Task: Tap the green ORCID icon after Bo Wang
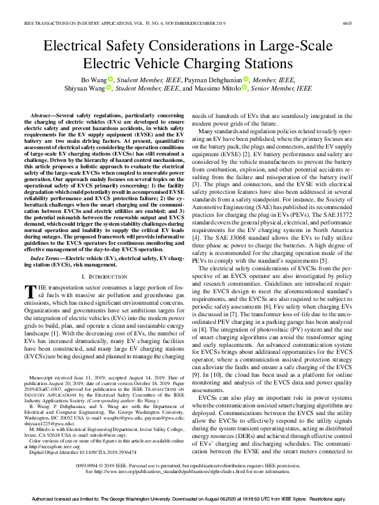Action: (110, 79)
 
